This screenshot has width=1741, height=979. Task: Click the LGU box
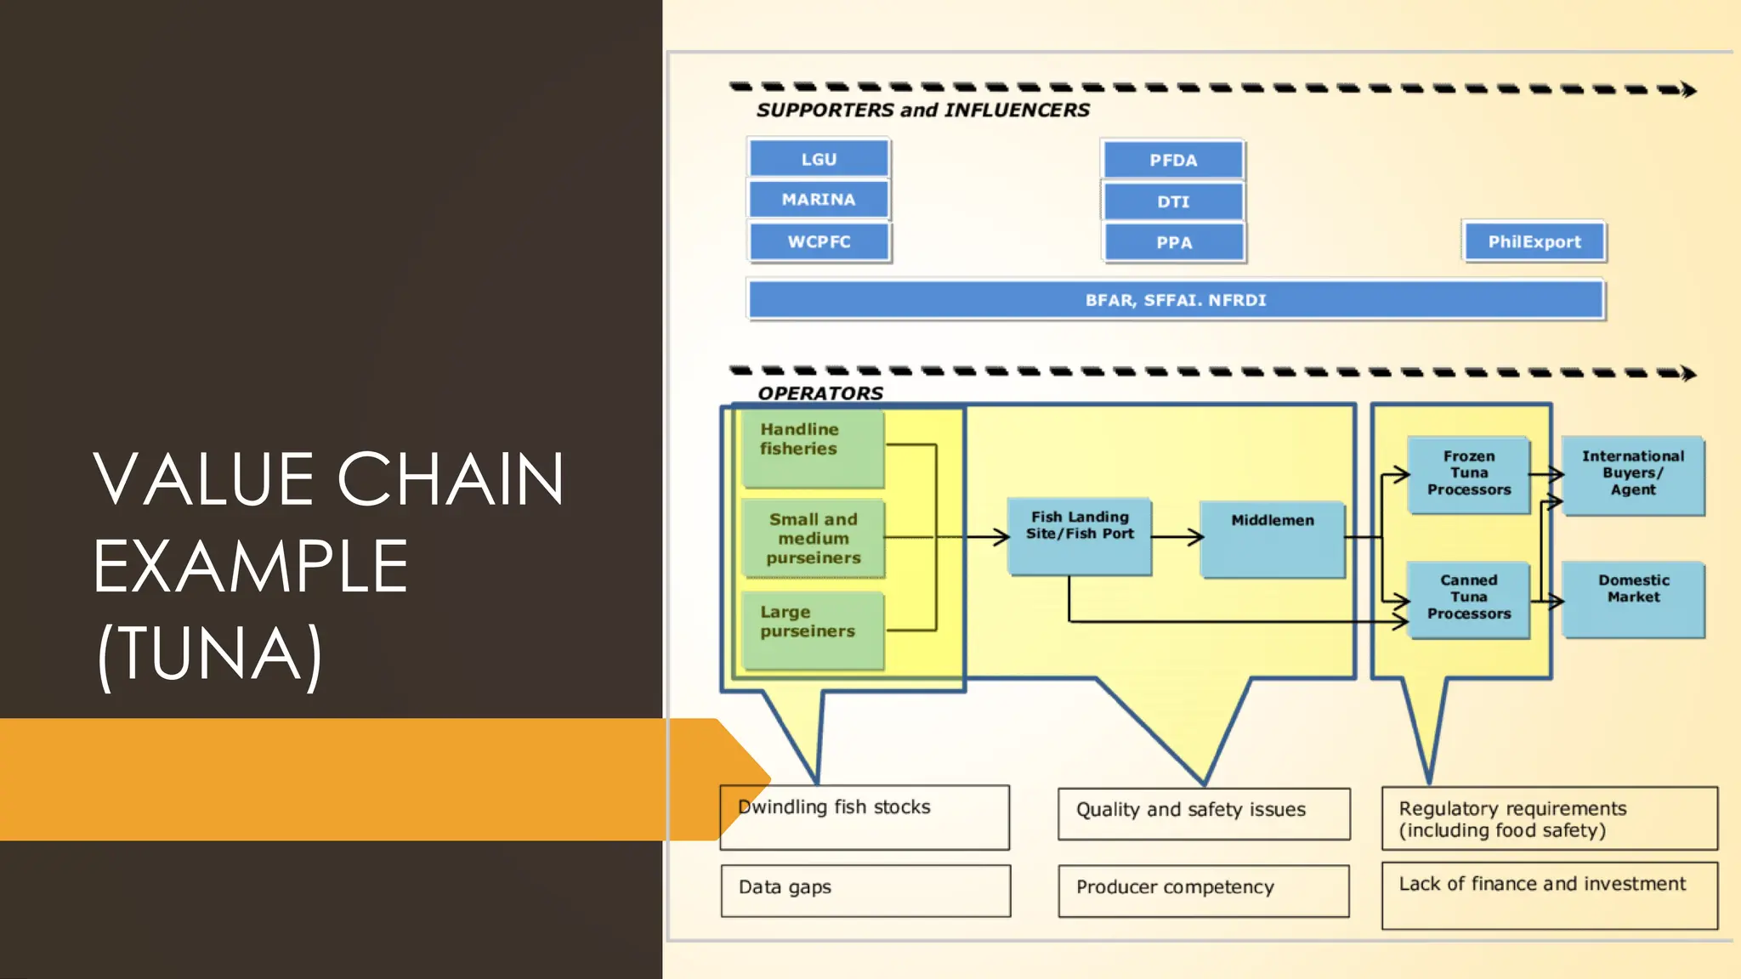pos(819,159)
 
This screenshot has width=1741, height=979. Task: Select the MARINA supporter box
pos(819,199)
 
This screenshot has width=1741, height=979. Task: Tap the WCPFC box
pos(819,241)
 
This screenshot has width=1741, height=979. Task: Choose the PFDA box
pos(1173,160)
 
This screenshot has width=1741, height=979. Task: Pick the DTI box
pos(1173,201)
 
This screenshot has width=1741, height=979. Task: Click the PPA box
pos(1173,242)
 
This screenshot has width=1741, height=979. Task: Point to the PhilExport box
pos(1534,241)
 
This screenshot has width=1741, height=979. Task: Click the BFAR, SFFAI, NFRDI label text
pos(1176,300)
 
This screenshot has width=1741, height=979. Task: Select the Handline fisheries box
pos(813,449)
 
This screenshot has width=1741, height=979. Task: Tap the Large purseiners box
pos(813,630)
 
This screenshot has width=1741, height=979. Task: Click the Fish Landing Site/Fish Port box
pos(1079,536)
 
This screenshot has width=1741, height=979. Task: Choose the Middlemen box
pos(1272,539)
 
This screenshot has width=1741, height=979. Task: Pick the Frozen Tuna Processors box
pos(1468,474)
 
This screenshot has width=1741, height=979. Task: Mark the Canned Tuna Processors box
pos(1468,598)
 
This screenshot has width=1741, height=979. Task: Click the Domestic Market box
pos(1633,598)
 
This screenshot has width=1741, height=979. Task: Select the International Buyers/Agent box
pos(1633,474)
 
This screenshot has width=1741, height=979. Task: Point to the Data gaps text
pos(785,887)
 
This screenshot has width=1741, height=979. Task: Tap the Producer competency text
pos(1175,887)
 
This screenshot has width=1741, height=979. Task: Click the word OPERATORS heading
pos(820,393)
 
